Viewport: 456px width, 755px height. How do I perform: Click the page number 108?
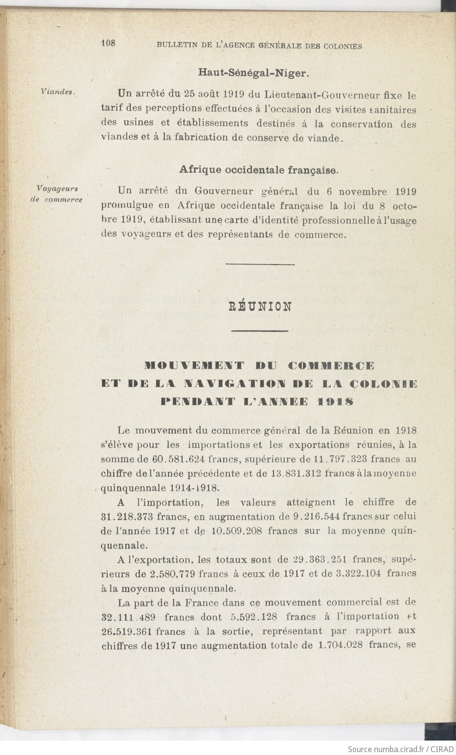coord(108,43)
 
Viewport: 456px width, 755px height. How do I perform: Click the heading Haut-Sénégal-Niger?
coord(253,73)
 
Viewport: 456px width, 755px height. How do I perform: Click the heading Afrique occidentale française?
coord(258,170)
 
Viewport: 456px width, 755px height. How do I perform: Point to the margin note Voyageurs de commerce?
coord(57,193)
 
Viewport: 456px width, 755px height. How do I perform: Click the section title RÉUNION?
coord(260,307)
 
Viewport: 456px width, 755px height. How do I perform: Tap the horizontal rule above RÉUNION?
coord(260,264)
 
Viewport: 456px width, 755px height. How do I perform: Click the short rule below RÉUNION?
coord(260,331)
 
